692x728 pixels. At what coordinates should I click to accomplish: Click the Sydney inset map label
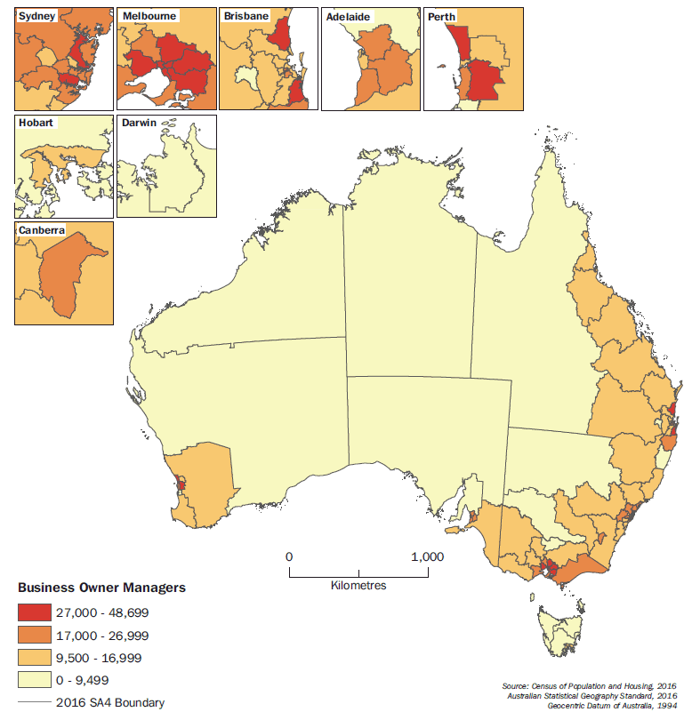36,16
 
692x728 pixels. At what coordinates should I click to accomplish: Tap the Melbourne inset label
148,16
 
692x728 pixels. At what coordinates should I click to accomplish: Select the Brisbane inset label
246,16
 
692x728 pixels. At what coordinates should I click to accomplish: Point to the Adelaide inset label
349,16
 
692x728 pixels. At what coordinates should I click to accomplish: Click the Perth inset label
443,16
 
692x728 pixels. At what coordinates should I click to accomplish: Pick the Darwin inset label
139,124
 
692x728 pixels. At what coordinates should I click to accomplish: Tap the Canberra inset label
43,231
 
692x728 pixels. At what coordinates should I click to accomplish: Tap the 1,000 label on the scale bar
428,556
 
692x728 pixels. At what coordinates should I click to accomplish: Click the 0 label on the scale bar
289,556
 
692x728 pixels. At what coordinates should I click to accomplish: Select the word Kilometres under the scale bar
358,586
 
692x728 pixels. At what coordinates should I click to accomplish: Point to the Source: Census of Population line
590,686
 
